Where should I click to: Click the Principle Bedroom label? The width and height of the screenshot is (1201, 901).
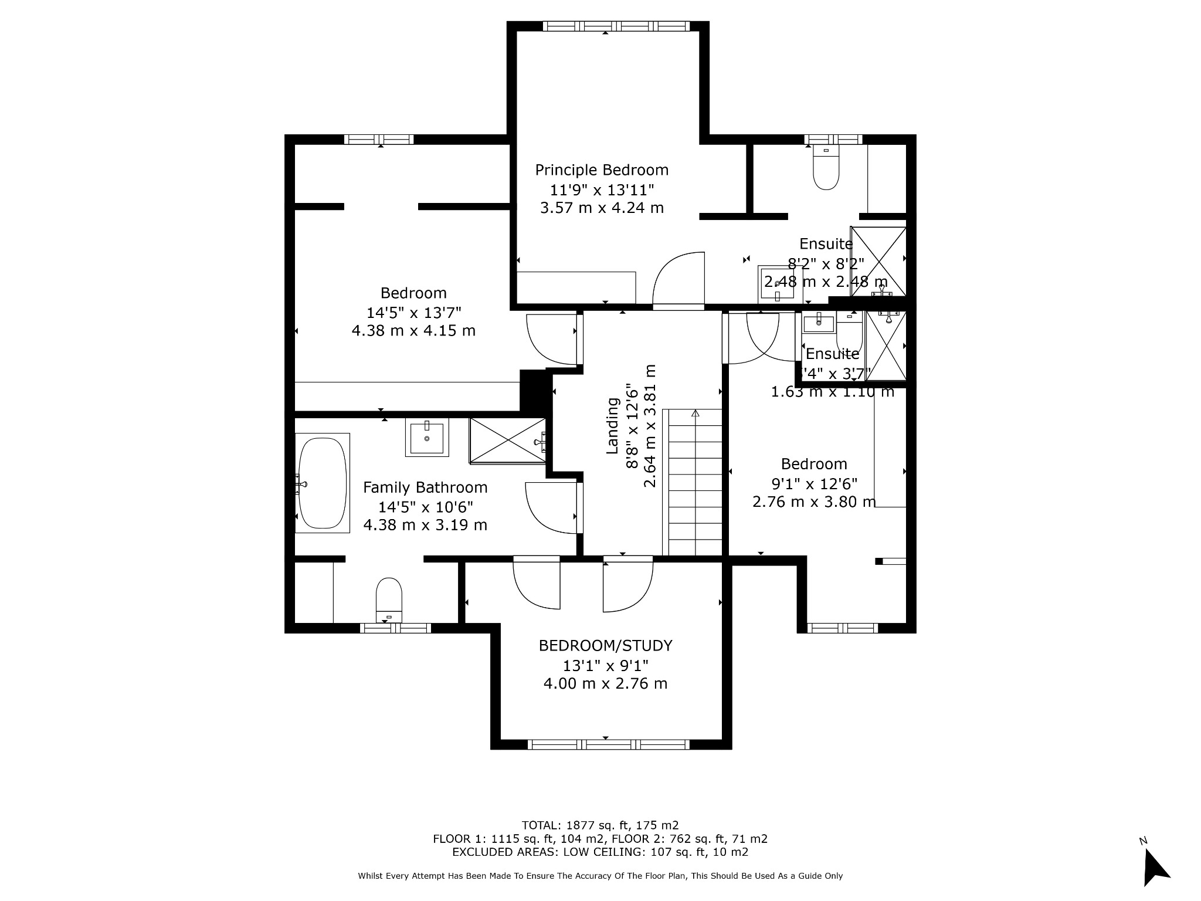602,170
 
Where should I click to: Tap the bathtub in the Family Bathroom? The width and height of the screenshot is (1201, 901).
322,483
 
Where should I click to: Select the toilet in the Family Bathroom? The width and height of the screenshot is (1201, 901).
389,599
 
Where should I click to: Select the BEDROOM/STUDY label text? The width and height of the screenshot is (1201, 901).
605,646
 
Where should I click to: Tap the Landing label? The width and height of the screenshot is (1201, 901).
613,426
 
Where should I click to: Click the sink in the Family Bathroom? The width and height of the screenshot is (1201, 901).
427,437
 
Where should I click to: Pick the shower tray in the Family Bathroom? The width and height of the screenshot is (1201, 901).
507,441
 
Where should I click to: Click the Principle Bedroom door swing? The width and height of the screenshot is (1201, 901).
678,280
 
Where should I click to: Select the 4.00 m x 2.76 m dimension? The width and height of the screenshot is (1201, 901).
605,683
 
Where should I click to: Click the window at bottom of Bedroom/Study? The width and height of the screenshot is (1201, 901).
609,744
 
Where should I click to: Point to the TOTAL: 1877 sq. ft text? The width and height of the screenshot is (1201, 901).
600,825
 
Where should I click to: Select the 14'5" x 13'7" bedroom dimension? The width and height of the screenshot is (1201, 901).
413,312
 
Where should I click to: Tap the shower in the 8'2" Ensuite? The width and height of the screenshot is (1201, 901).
878,261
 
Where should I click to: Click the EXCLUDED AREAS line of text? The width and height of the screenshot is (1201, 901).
600,852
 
